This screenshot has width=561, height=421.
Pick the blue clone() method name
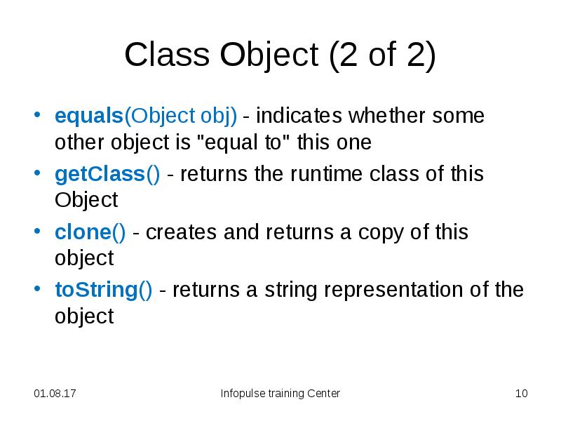[x=90, y=232]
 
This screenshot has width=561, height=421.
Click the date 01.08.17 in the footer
[x=55, y=394]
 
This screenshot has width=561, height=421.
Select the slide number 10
[x=520, y=394]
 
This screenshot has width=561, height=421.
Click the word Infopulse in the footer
[x=242, y=394]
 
